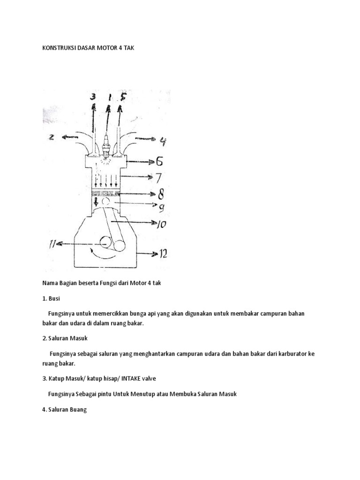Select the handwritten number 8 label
coord(161,193)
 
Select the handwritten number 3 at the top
coord(94,98)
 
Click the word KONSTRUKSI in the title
coord(53,48)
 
